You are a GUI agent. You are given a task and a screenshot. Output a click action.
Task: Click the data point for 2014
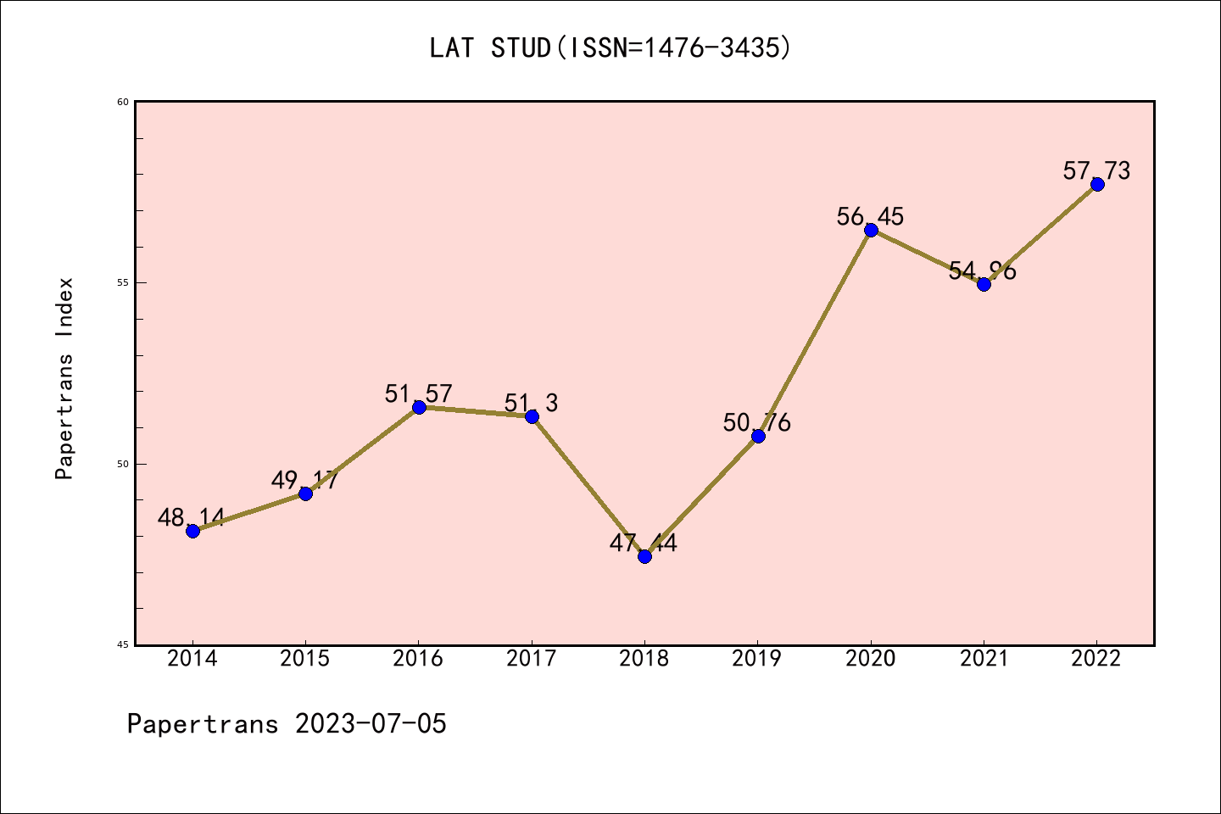192,531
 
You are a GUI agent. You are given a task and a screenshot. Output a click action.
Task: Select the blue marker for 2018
644,556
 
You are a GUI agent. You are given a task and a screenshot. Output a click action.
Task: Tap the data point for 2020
871,230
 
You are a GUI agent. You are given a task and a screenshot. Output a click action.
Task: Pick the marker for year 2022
1097,184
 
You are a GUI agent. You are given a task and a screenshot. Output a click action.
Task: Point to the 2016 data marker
419,407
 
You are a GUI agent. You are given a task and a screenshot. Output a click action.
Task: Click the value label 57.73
1096,171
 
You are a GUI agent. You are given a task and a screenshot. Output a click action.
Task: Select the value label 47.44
644,544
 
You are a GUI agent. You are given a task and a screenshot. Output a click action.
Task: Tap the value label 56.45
870,217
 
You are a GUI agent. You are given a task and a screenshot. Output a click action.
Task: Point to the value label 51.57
418,394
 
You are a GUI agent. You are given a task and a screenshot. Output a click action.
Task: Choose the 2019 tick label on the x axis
757,659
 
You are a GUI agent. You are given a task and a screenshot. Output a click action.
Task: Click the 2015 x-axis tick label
305,659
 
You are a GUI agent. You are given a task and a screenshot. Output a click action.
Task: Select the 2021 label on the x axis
984,659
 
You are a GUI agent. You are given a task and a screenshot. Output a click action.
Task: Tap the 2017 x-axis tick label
532,659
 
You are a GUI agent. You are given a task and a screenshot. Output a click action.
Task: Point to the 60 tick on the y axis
123,102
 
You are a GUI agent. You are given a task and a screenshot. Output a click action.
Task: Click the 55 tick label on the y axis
123,282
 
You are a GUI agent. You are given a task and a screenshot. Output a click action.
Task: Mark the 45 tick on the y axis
123,644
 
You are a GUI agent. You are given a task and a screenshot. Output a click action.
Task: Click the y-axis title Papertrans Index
64,378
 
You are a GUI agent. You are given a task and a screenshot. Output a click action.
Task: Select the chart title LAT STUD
610,48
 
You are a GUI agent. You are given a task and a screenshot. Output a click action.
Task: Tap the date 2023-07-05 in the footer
371,724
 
